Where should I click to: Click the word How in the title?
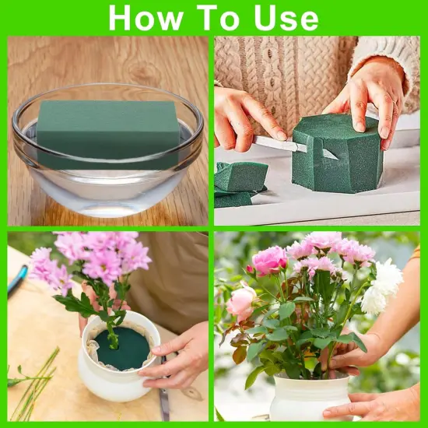[x=146, y=17]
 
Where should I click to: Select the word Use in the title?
[x=286, y=17]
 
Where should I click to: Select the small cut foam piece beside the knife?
[x=242, y=177]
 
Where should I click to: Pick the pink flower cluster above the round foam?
[x=97, y=261]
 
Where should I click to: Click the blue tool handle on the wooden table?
[x=17, y=280]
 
